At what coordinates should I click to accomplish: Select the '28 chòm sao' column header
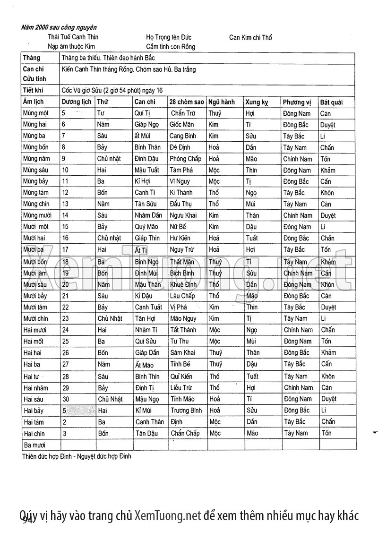(x=186, y=102)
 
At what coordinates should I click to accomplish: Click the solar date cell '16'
(x=65, y=238)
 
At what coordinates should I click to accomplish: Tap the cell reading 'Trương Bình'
(x=186, y=411)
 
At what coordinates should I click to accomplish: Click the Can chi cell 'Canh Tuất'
(x=148, y=307)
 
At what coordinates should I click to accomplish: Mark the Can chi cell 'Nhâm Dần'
(x=148, y=215)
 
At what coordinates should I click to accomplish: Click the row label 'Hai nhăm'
(x=35, y=388)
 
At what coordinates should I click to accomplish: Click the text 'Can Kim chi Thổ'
(x=250, y=37)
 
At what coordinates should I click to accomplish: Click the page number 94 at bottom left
(x=26, y=520)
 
